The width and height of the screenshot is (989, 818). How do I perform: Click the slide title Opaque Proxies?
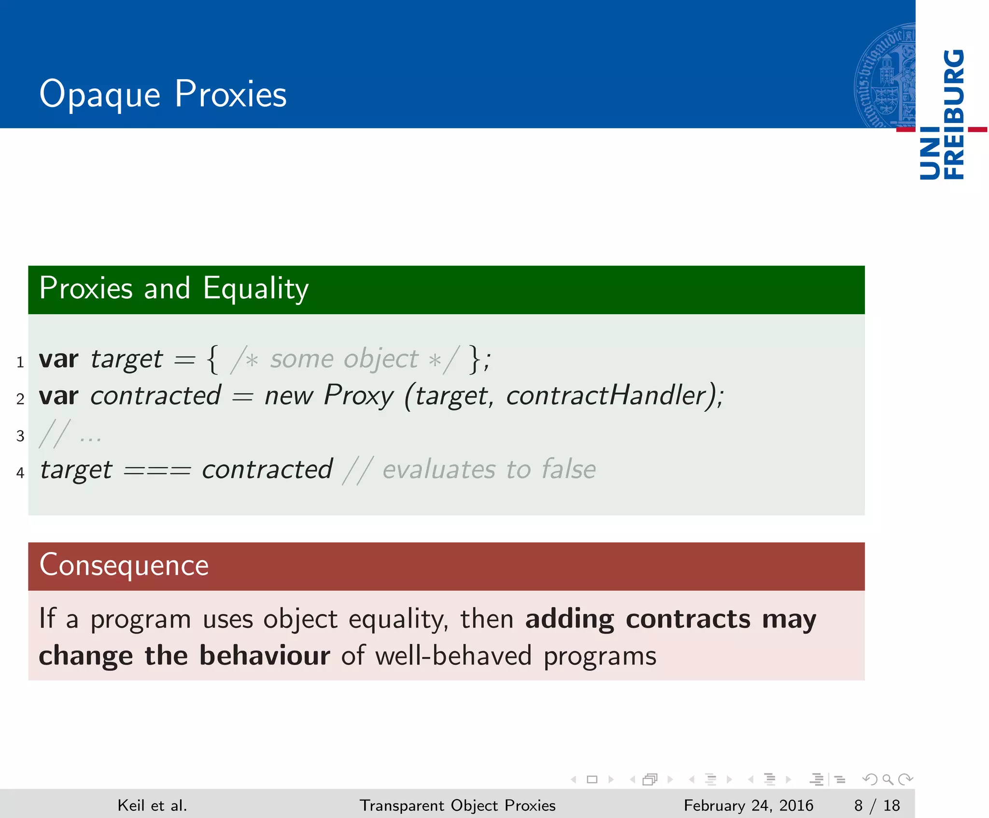[x=163, y=94]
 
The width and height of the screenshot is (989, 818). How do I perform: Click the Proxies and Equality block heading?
[x=174, y=289]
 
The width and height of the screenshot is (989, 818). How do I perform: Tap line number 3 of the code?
[x=20, y=436]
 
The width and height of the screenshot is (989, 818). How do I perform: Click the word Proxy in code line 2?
[x=358, y=396]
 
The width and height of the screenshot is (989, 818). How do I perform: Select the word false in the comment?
[x=568, y=470]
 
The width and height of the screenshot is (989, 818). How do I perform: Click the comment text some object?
[x=344, y=359]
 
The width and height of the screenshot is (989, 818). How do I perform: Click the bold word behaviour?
[x=265, y=656]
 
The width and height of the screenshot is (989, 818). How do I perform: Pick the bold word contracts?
[x=688, y=619]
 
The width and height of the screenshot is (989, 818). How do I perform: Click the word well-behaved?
[x=453, y=656]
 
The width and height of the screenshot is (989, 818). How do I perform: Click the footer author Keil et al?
[x=152, y=805]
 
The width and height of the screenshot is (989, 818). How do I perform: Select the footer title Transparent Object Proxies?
[x=457, y=805]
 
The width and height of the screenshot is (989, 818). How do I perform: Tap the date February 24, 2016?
[x=748, y=805]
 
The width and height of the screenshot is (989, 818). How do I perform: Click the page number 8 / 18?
[x=876, y=805]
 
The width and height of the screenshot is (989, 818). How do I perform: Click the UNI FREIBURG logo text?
[x=942, y=115]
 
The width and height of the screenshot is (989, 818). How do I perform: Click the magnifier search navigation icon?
[x=888, y=779]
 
